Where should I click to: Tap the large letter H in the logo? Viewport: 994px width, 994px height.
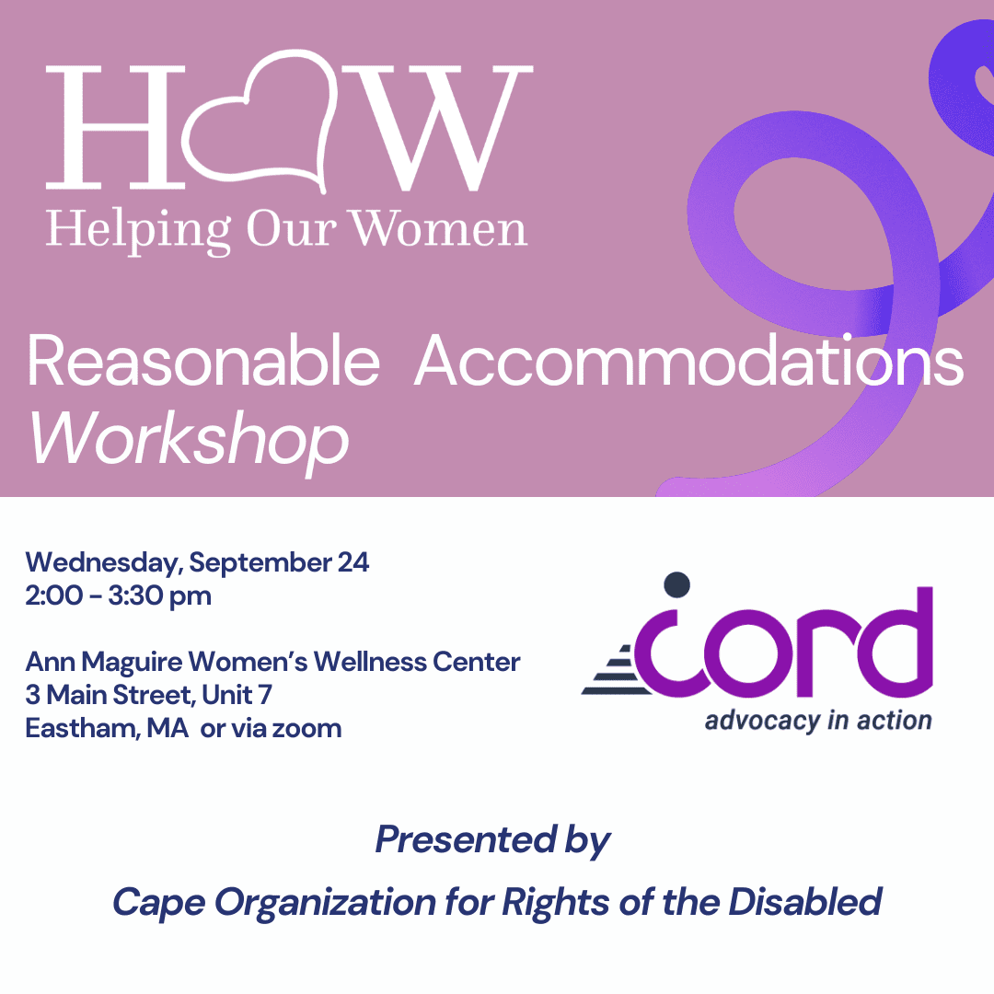coord(115,127)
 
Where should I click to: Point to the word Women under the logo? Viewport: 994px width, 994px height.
coord(439,228)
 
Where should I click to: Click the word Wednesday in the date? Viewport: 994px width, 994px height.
coord(103,563)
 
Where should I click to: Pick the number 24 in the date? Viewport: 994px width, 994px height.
coord(353,562)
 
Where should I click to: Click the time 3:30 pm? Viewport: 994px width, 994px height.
coord(160,596)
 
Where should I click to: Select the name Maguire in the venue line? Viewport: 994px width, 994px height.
coord(132,663)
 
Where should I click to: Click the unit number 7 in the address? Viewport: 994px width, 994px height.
coord(266,696)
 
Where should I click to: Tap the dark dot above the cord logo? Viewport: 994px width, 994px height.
coord(676,584)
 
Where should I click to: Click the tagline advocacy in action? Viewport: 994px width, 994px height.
coord(818,722)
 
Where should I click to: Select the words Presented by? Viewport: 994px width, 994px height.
coord(492,841)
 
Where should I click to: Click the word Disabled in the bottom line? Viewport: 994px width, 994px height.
coord(805,901)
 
